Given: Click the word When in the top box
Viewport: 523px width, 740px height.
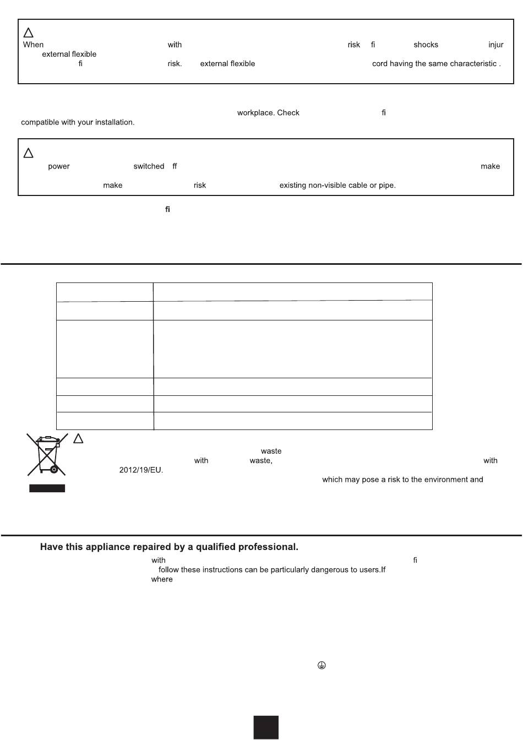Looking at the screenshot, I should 33,45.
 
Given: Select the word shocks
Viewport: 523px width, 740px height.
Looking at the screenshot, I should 426,45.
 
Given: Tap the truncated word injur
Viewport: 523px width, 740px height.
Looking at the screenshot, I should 495,45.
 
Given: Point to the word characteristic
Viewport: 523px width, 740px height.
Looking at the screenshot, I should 474,64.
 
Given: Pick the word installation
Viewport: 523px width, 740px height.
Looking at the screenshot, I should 114,122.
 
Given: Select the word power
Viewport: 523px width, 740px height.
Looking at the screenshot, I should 59,166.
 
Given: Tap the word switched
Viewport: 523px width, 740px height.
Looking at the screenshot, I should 149,166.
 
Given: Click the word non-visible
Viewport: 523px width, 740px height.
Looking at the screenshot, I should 326,186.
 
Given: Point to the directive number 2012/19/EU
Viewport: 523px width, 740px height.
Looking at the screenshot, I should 141,470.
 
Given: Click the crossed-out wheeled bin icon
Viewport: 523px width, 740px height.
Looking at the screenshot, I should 47,455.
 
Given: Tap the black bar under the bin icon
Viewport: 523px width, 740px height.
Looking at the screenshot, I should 47,488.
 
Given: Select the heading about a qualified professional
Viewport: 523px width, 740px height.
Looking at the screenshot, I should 169,547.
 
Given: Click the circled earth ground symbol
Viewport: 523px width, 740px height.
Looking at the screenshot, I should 322,666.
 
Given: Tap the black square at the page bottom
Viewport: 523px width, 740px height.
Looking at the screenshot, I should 266,727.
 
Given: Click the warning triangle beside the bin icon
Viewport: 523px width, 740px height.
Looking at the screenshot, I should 78,439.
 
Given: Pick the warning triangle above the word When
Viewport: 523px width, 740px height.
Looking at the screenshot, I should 29,32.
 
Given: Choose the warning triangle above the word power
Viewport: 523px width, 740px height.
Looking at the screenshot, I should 29,153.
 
